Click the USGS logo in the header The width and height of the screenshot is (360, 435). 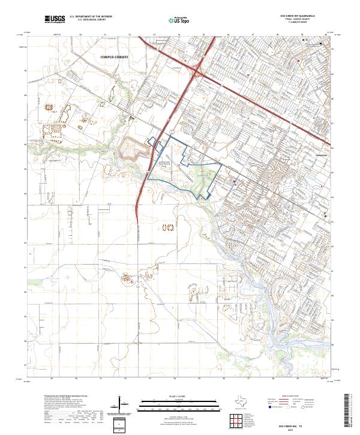click(x=55, y=19)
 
